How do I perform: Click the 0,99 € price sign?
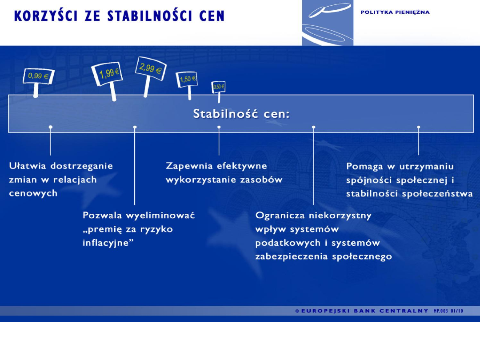pos(38,76)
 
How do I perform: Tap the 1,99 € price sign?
pos(107,73)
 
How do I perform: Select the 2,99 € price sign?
pos(151,68)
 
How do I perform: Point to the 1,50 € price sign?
pos(187,79)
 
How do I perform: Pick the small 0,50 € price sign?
pos(218,87)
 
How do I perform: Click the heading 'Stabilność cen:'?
pos(241,114)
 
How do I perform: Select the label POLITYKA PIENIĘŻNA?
pos(395,12)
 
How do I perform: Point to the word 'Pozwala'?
pos(102,216)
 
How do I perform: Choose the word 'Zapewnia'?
pos(189,166)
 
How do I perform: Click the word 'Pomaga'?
pos(364,166)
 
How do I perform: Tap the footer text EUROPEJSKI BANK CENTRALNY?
pos(364,311)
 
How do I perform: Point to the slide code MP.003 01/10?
pos(448,311)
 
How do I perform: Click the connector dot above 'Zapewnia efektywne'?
pos(219,127)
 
